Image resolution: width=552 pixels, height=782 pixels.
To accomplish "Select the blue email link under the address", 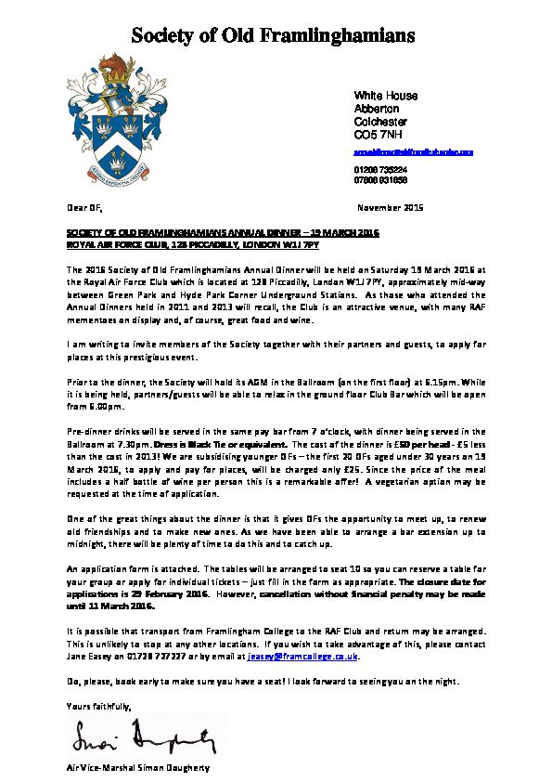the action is click(415, 150).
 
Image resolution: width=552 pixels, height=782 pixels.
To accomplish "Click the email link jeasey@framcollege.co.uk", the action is click(302, 656).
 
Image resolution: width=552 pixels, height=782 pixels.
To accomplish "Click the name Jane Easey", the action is click(87, 656).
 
